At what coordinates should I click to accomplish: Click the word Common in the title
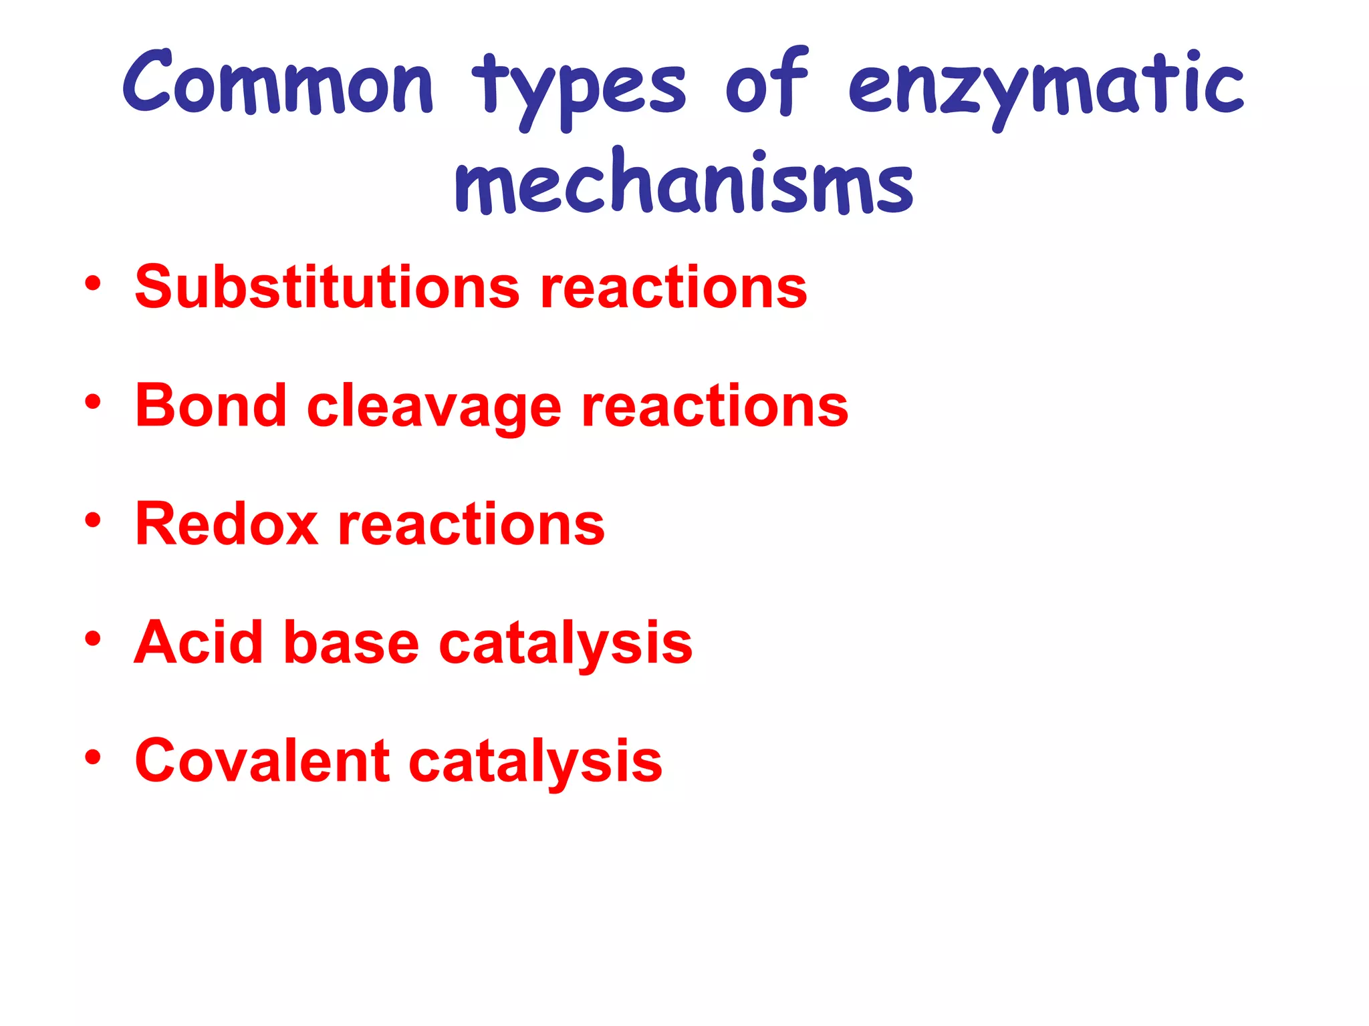click(x=278, y=83)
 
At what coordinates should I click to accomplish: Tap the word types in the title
click(x=579, y=90)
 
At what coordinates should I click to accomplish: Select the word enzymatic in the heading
click(x=1046, y=87)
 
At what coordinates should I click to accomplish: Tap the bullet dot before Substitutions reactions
click(x=93, y=284)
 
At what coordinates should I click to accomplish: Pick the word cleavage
click(x=434, y=409)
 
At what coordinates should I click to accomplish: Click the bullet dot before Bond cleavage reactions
click(x=93, y=402)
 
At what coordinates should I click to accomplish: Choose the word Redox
click(x=227, y=524)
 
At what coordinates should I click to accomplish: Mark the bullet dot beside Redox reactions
click(x=93, y=520)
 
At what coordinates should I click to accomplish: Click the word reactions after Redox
click(x=471, y=525)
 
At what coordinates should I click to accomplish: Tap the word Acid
click(x=199, y=642)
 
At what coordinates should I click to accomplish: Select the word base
click(x=351, y=643)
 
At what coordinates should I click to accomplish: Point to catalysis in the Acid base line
click(x=566, y=645)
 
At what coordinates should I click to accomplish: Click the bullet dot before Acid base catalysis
click(x=93, y=639)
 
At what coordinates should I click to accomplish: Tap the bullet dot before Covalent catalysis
click(x=93, y=757)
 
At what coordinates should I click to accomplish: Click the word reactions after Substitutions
click(x=673, y=288)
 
